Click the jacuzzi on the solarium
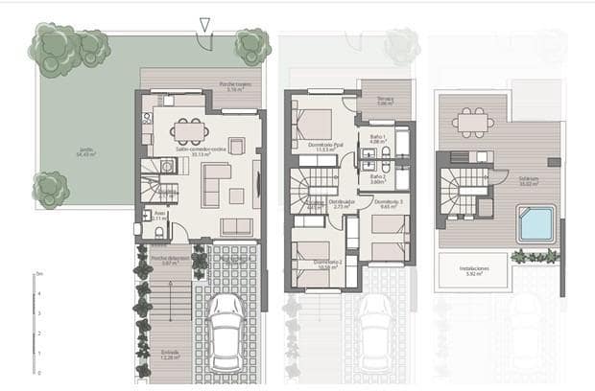[535, 224]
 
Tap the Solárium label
[528, 180]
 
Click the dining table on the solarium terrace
[470, 122]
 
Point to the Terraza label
[385, 100]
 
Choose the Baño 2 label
[377, 177]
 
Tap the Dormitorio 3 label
[388, 203]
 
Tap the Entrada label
[170, 354]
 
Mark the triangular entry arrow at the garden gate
[204, 24]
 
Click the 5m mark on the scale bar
[38, 274]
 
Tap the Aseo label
[159, 217]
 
